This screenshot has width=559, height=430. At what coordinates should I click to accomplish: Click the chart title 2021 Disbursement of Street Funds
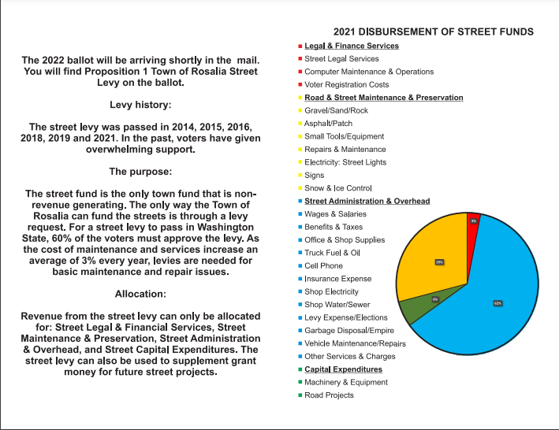(x=433, y=32)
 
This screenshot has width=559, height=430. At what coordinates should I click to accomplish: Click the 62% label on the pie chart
(x=498, y=302)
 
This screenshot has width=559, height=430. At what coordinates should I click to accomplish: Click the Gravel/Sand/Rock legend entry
(x=336, y=111)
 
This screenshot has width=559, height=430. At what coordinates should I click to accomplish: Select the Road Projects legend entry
(x=329, y=395)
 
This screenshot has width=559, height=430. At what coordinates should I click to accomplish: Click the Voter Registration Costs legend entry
(x=346, y=85)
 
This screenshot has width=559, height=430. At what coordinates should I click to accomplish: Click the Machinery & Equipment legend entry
(x=345, y=382)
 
